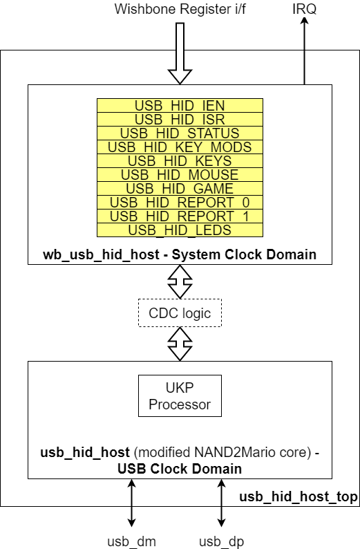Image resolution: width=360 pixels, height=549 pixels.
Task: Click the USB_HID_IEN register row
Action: pyautogui.click(x=180, y=106)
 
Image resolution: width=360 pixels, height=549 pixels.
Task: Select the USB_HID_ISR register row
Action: pyautogui.click(x=180, y=120)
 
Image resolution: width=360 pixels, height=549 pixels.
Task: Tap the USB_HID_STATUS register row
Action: pyautogui.click(x=180, y=133)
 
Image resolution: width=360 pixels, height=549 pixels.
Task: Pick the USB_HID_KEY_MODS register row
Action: pyautogui.click(x=180, y=147)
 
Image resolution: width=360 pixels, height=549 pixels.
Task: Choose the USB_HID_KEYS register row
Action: pyautogui.click(x=180, y=161)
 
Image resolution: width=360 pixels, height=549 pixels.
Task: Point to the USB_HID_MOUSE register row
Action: pyautogui.click(x=180, y=175)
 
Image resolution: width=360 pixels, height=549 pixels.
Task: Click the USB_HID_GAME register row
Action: pyautogui.click(x=180, y=189)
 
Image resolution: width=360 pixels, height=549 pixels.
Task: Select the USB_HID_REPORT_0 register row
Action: pyautogui.click(x=180, y=203)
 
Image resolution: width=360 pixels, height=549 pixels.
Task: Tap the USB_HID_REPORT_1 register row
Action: pyautogui.click(x=180, y=216)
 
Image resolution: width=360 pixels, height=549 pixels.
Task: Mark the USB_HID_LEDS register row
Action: pyautogui.click(x=180, y=230)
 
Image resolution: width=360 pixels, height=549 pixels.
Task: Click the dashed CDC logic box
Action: pyautogui.click(x=180, y=313)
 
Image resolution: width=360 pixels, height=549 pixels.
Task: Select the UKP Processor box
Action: pyautogui.click(x=180, y=396)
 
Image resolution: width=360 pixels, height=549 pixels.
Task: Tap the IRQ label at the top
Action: pyautogui.click(x=304, y=9)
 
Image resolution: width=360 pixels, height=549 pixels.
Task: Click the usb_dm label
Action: pyautogui.click(x=131, y=541)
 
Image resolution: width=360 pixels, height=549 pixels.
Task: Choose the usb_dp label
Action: pyautogui.click(x=221, y=541)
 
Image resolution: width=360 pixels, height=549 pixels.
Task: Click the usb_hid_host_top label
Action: pyautogui.click(x=299, y=497)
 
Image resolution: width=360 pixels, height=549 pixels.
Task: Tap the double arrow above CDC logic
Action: pyautogui.click(x=180, y=281)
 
